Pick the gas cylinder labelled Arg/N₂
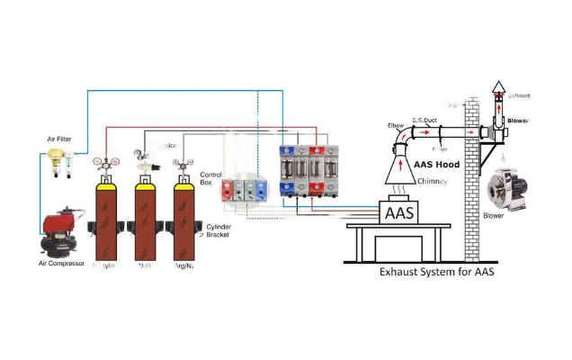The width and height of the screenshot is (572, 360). pyautogui.click(x=185, y=220)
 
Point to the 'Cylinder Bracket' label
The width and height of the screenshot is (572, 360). pyautogui.click(x=218, y=230)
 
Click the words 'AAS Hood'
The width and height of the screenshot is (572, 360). pyautogui.click(x=435, y=165)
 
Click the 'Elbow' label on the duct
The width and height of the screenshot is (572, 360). pyautogui.click(x=395, y=125)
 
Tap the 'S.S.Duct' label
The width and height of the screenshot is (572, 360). pyautogui.click(x=425, y=119)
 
